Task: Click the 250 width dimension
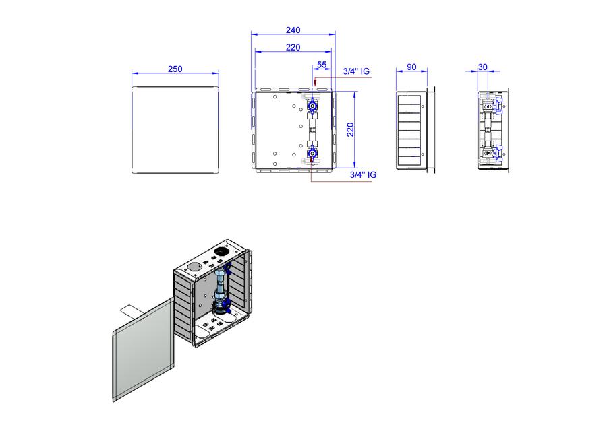pos(175,69)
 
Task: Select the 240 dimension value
pos(293,30)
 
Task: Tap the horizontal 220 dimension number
pos(293,47)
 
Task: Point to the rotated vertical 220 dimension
pos(350,129)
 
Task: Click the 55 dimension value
pos(322,65)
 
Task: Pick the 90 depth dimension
pos(411,67)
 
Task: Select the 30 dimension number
pos(482,67)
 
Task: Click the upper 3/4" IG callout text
pos(356,71)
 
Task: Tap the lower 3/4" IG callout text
pos(363,174)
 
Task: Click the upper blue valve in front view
pos(312,105)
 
